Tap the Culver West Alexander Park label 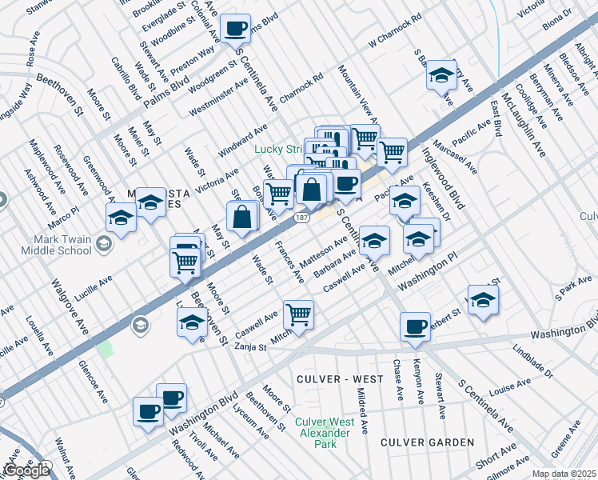pos(324,433)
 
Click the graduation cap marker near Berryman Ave pos(441,76)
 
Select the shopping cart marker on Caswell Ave pos(298,314)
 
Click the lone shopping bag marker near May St pos(242,216)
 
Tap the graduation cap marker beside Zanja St pos(192,322)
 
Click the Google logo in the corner pos(26,470)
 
